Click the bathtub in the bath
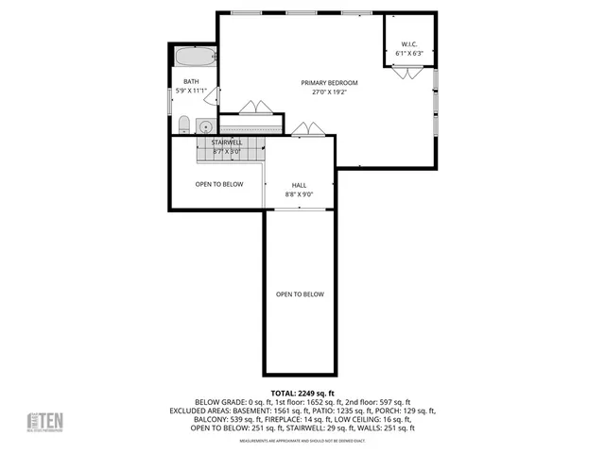(x=194, y=57)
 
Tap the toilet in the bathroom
(x=185, y=124)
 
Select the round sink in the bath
(x=204, y=125)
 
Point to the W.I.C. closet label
(x=409, y=44)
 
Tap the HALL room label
(x=299, y=185)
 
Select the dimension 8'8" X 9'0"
(x=299, y=194)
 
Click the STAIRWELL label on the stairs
(x=227, y=142)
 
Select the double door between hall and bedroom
(x=304, y=128)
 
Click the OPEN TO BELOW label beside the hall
(x=219, y=184)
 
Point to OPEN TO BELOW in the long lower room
(x=300, y=294)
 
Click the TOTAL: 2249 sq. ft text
(x=302, y=393)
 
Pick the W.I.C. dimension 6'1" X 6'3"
(x=409, y=53)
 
